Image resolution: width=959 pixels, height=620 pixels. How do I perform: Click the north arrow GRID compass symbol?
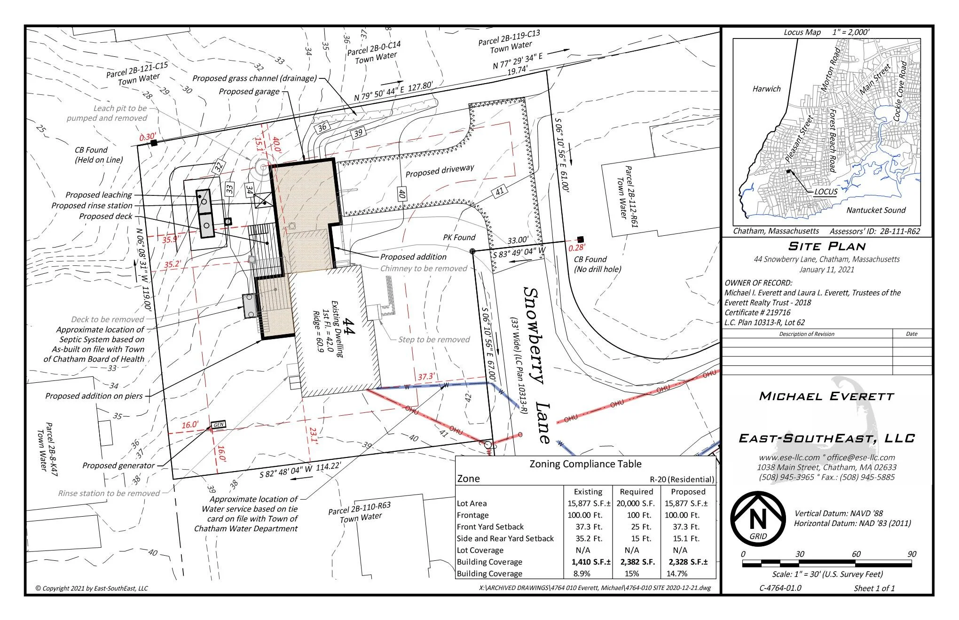tap(757, 519)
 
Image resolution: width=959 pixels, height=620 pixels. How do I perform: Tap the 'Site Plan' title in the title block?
tap(827, 246)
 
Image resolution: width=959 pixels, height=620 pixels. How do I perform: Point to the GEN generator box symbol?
tap(219, 425)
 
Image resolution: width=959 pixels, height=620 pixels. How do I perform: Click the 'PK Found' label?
tap(459, 238)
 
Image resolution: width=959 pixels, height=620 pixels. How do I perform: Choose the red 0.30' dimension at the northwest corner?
tap(148, 137)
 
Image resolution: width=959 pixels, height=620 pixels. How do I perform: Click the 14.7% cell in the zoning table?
tap(677, 573)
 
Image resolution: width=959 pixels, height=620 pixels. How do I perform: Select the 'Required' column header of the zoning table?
tap(636, 492)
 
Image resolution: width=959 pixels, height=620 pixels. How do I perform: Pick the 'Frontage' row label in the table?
tap(473, 515)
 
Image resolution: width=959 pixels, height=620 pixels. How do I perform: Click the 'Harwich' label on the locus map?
tap(766, 89)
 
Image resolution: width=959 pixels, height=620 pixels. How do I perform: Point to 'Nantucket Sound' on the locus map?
tap(876, 210)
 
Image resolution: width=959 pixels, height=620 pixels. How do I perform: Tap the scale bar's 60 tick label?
tap(856, 554)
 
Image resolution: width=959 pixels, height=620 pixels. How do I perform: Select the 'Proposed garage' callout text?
tap(249, 91)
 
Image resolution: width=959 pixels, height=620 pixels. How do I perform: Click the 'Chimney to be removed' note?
tap(424, 269)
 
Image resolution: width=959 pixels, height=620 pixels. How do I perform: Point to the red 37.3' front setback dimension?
tap(426, 377)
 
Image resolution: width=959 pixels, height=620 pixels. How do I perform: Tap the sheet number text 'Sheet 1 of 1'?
tap(874, 588)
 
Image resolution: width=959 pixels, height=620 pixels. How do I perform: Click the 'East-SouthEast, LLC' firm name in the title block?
tap(827, 438)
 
